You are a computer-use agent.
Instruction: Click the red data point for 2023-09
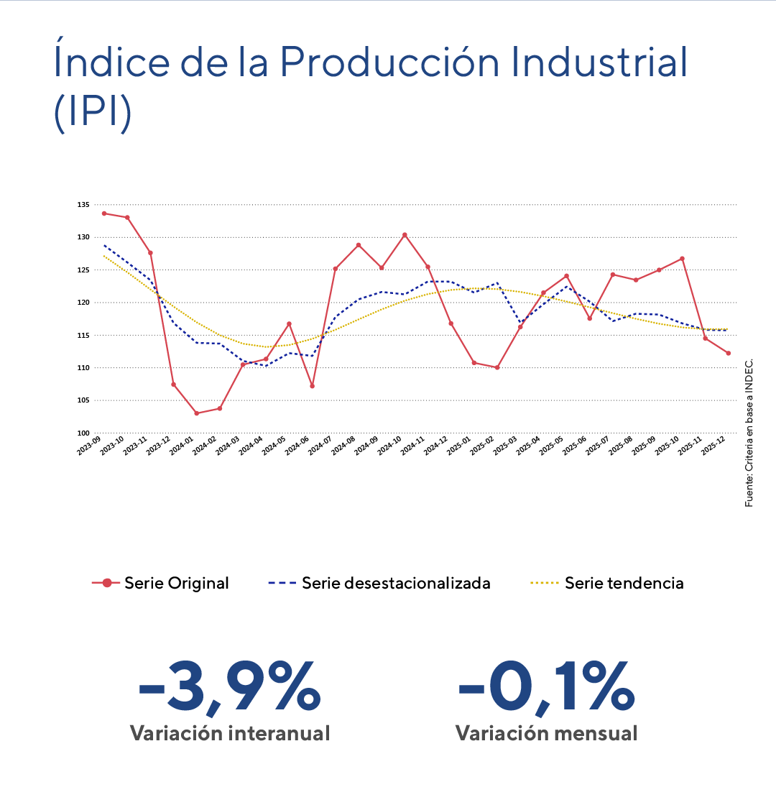click(x=104, y=213)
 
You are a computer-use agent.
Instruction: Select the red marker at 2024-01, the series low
click(x=196, y=413)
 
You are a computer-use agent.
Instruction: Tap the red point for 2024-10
click(x=405, y=235)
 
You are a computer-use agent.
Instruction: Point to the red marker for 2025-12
click(x=728, y=353)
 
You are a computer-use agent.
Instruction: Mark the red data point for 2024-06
click(x=312, y=386)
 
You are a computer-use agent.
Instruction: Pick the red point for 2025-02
click(x=497, y=367)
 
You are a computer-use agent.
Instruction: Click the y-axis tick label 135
click(x=83, y=205)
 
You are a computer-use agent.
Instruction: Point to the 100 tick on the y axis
click(x=83, y=433)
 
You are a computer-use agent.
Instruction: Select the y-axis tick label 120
click(x=83, y=303)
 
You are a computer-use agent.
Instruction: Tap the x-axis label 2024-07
click(x=319, y=446)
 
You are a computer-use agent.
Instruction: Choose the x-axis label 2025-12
click(x=712, y=446)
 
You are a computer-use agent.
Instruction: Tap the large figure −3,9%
click(x=228, y=689)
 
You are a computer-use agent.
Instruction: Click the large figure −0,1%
click(x=546, y=689)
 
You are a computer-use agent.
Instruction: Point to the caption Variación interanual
click(x=230, y=734)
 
